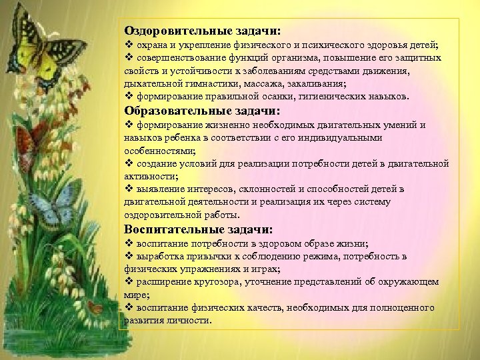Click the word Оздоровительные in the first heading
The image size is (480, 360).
coord(177,31)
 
